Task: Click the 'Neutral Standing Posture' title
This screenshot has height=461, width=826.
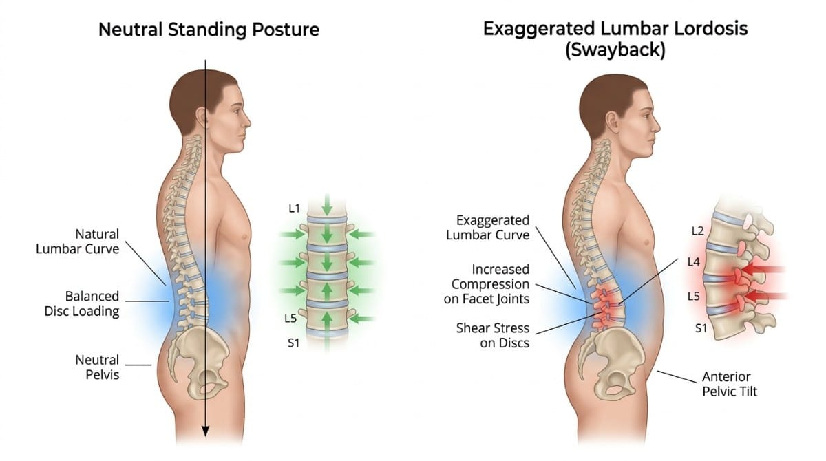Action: point(209,30)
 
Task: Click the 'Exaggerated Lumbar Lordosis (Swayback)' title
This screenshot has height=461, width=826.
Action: point(615,39)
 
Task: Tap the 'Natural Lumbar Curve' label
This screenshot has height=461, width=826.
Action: point(77,242)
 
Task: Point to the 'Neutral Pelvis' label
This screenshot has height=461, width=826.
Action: point(97,367)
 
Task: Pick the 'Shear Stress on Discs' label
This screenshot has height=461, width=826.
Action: point(493,335)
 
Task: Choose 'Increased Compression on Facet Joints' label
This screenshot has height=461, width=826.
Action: point(491,283)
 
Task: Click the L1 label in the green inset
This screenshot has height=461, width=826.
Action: point(294,208)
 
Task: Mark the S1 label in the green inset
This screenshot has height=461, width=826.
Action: point(293,341)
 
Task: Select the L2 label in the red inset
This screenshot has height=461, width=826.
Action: point(697,231)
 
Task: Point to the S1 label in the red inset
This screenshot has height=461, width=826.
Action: point(701,328)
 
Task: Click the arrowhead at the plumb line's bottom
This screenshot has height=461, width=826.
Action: point(204,431)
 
